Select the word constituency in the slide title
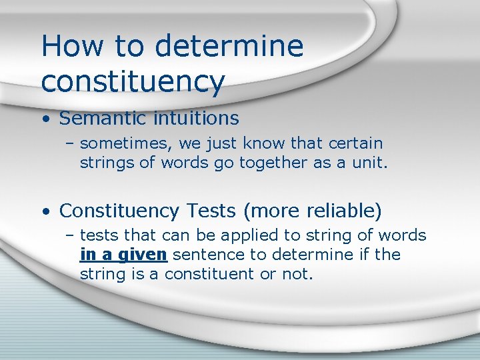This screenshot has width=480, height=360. pyautogui.click(x=133, y=81)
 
